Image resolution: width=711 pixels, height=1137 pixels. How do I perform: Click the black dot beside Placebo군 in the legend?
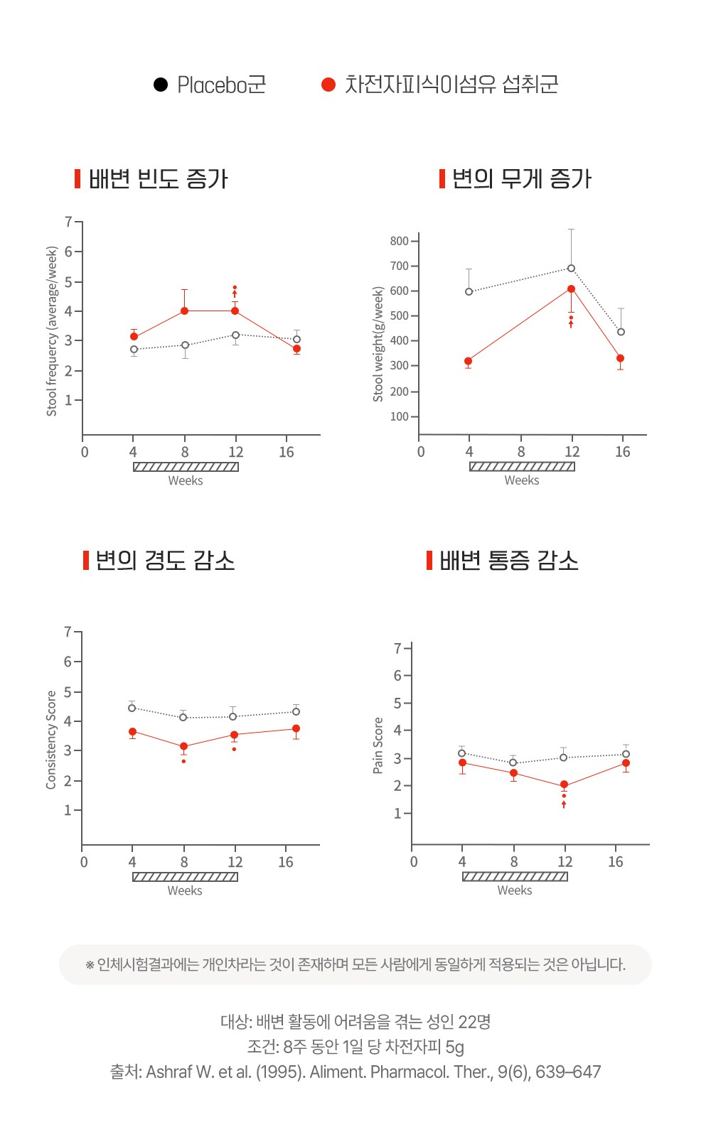161,85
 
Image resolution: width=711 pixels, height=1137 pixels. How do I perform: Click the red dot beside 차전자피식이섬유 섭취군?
328,85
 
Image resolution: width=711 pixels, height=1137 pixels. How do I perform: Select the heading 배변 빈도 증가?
158,179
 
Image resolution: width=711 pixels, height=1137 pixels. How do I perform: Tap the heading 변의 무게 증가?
521,179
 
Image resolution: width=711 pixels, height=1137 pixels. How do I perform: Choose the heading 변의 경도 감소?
165,561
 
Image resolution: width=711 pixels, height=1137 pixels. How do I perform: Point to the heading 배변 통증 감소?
508,561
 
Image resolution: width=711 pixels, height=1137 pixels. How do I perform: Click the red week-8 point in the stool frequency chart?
185,311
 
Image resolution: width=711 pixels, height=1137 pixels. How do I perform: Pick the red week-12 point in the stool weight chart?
571,289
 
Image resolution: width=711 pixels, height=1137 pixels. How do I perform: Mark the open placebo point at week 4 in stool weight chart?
469,291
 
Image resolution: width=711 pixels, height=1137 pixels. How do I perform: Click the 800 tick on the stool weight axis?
399,241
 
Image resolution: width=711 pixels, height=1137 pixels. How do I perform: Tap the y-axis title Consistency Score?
51,740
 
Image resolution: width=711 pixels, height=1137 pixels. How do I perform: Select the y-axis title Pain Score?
378,745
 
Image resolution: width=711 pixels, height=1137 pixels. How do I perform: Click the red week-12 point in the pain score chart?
564,785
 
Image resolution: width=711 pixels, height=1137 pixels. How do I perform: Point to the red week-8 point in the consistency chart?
183,747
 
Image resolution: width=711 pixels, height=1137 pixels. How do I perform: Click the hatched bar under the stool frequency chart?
186,467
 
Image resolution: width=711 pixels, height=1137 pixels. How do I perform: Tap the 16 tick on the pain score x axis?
616,862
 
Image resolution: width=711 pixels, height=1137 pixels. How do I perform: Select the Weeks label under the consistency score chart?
185,890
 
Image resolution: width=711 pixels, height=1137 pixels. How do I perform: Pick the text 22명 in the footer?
474,1022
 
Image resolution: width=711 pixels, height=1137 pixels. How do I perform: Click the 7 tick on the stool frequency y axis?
69,222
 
